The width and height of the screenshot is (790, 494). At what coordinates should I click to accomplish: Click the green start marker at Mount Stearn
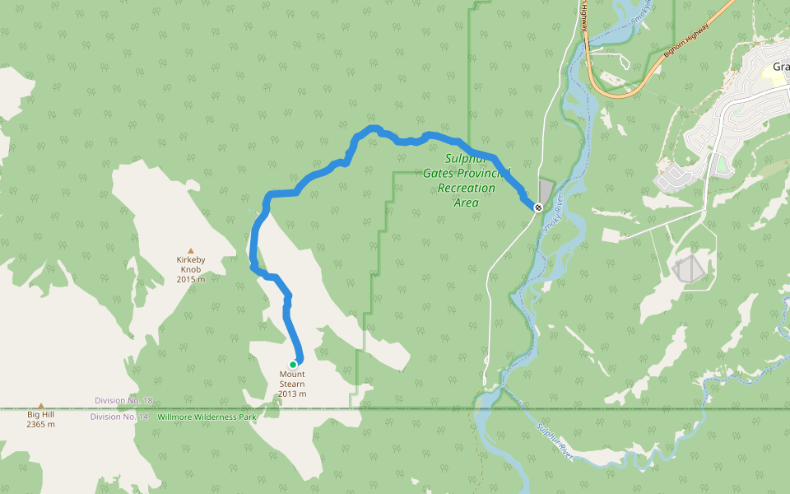(x=292, y=365)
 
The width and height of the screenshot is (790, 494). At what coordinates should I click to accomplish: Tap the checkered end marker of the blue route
(x=537, y=207)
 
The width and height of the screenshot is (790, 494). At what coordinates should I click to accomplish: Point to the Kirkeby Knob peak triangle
(x=191, y=250)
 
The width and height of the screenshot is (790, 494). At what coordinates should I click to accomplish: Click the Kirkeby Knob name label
(x=191, y=265)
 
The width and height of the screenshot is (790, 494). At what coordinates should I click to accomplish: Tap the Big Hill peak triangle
(x=40, y=406)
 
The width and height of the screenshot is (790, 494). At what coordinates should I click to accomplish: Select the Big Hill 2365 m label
(x=40, y=420)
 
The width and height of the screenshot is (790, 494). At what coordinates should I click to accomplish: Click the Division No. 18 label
(x=123, y=400)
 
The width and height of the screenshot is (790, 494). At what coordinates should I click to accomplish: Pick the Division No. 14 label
(x=119, y=417)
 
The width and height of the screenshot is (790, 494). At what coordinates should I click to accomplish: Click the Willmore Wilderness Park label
(x=207, y=417)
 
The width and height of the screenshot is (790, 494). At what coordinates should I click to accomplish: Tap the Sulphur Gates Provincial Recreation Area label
(x=466, y=180)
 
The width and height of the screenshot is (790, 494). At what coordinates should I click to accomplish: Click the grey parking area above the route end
(x=546, y=190)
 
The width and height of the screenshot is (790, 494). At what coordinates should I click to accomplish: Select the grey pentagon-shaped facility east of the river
(x=689, y=268)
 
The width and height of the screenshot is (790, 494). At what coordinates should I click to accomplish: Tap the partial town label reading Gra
(x=780, y=67)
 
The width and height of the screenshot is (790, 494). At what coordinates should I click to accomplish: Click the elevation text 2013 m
(x=292, y=394)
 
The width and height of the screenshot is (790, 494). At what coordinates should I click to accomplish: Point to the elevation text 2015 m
(x=191, y=279)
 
